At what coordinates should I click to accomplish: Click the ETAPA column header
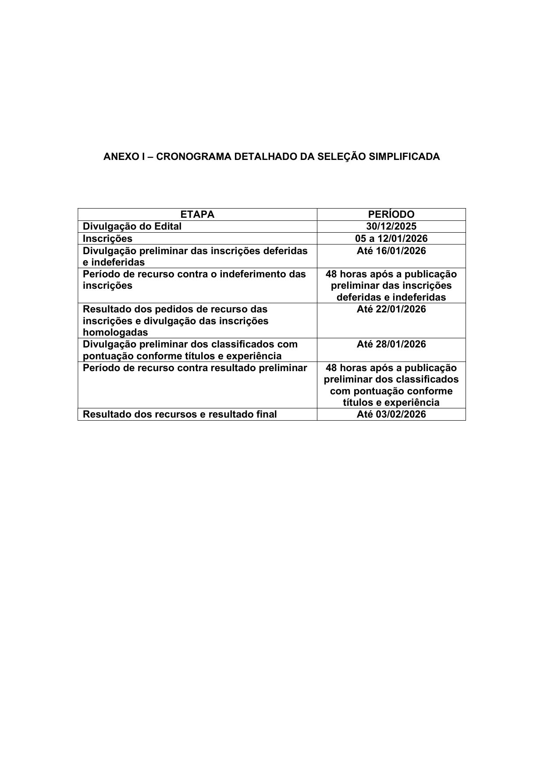197,214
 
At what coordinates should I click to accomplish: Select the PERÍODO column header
391,214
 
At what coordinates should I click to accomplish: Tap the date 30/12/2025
391,226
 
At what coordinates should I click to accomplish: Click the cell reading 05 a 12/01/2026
391,238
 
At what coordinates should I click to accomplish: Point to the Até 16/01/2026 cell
391,251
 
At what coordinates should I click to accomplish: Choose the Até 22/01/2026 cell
391,309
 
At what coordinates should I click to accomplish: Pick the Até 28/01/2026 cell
391,344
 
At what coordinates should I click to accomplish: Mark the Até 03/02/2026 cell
391,414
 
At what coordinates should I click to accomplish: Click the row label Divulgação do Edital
132,226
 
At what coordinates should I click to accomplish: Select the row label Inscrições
107,238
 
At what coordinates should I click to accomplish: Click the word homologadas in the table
115,332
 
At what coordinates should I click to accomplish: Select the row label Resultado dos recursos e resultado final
180,414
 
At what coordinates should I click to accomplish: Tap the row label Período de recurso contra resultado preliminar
195,368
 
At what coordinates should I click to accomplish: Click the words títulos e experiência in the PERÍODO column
391,402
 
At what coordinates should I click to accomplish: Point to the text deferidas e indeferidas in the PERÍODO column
391,297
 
